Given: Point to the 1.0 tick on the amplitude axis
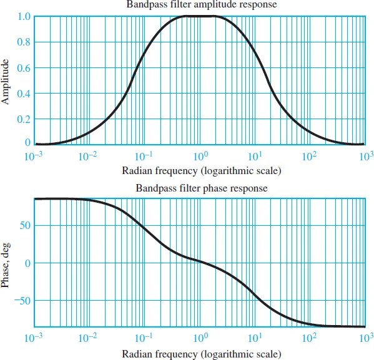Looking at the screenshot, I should click(x=23, y=16).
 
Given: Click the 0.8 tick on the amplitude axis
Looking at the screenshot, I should click(x=23, y=42).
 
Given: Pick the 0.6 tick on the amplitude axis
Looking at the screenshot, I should click(x=23, y=67).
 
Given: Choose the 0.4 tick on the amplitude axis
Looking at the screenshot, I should click(x=23, y=94).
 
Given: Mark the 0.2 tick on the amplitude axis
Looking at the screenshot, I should click(x=23, y=119).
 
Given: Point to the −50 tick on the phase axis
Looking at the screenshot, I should click(x=21, y=300).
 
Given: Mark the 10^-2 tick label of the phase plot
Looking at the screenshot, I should click(x=89, y=339).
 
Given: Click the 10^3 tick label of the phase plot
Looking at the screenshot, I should click(x=365, y=339).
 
